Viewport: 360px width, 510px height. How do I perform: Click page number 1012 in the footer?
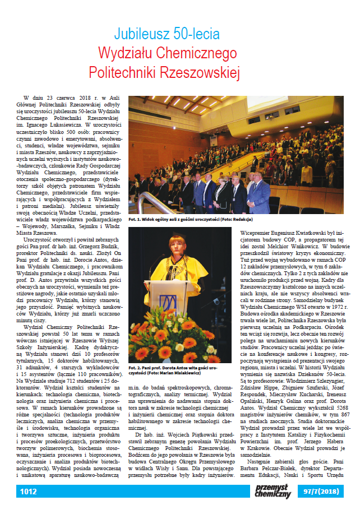[28, 492]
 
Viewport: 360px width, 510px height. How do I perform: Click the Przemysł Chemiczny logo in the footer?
[273, 492]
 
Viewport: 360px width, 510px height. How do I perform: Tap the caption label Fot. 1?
[136, 219]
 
